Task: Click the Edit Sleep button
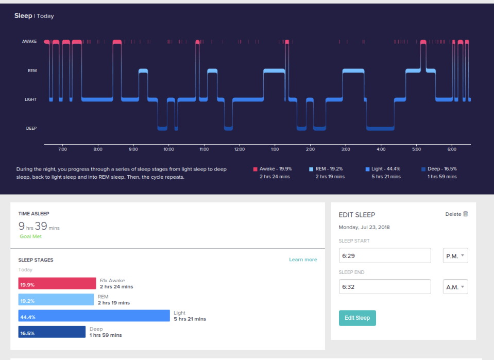pos(357,318)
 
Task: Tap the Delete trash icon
pos(465,214)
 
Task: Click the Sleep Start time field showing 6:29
pos(385,255)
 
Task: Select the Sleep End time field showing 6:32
pos(385,287)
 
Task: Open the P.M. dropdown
pos(455,255)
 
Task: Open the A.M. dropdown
pos(455,287)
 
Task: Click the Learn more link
pos(303,260)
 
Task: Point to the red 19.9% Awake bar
pos(57,283)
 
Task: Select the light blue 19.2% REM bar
pos(56,300)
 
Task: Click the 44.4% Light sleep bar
pos(94,316)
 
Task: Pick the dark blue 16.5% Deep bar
pos(52,332)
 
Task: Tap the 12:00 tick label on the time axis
pos(240,149)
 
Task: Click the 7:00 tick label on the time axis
pos(62,149)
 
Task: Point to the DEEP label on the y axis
pos(31,128)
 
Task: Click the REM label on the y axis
pos(32,71)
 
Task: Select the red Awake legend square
pos(255,169)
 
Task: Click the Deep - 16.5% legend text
pos(442,169)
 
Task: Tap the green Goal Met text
pos(30,236)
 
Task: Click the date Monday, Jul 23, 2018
pos(364,227)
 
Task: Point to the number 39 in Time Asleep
pos(41,226)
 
